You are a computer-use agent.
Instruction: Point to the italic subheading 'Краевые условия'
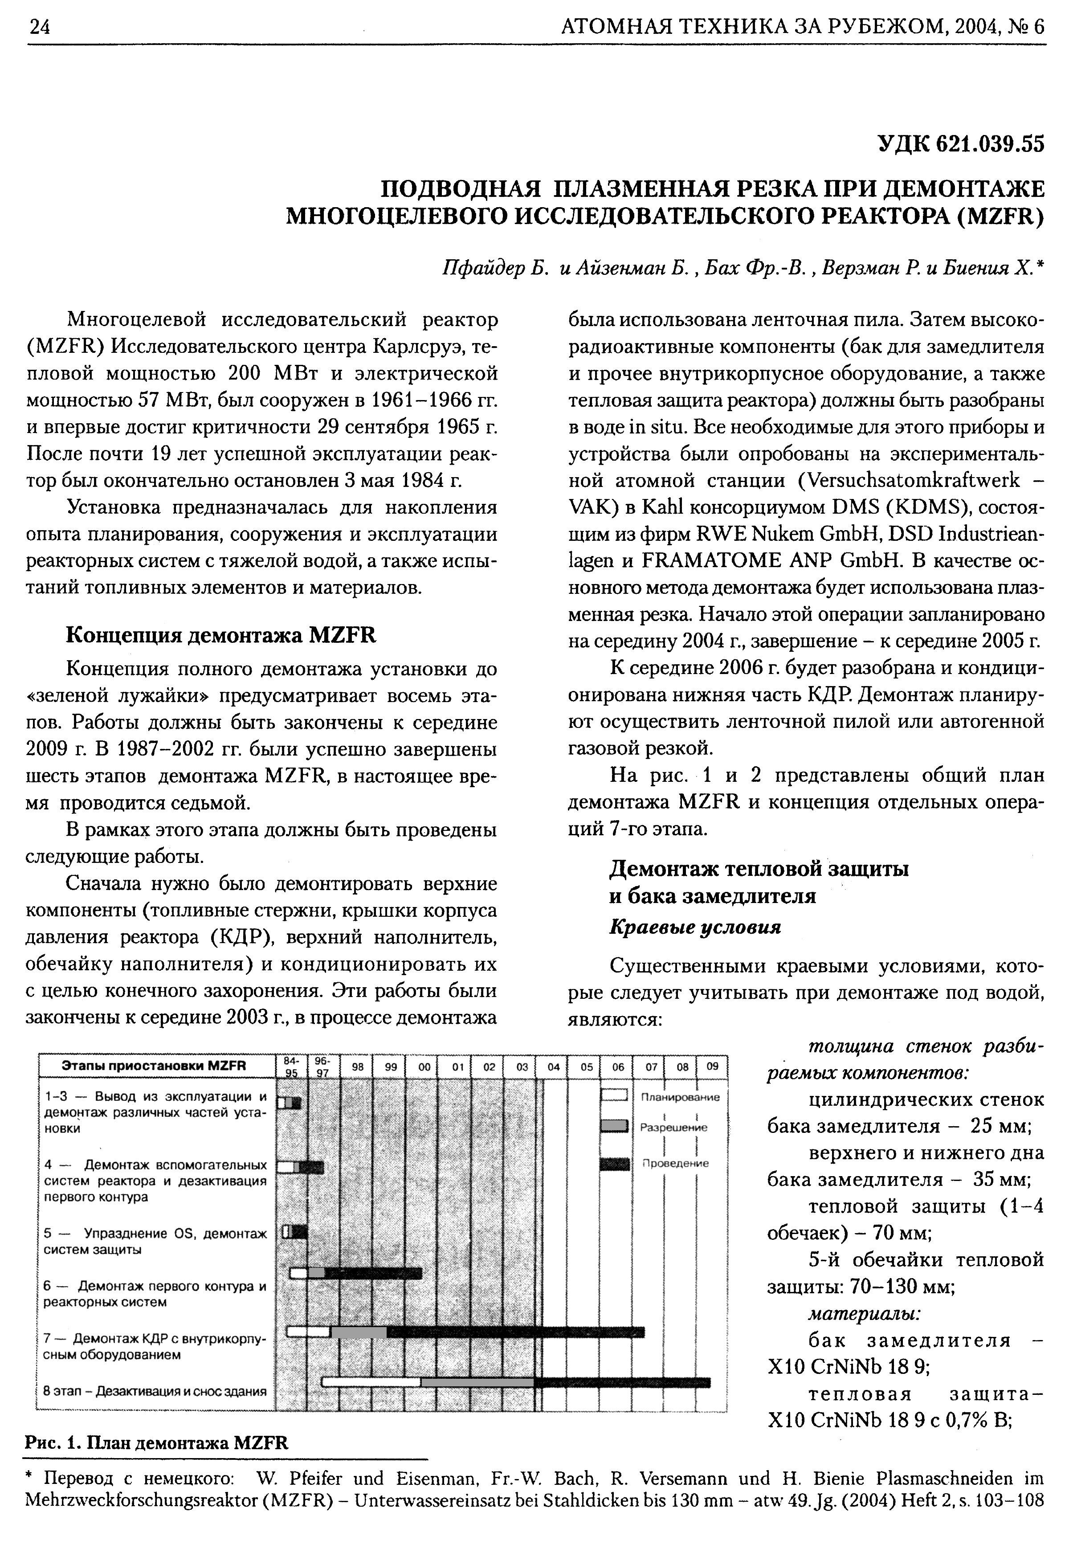(x=694, y=927)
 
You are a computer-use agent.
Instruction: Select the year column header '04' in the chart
(x=553, y=1067)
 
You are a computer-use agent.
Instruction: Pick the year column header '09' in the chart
(x=712, y=1066)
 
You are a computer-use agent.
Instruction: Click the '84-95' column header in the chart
(x=291, y=1067)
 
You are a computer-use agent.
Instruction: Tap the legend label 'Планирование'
(x=680, y=1098)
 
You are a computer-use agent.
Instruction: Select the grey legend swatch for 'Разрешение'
(x=614, y=1126)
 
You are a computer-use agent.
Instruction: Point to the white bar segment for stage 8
(x=371, y=1382)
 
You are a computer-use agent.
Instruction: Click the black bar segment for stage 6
(x=373, y=1274)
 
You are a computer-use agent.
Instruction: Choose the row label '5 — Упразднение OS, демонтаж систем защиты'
(x=155, y=1241)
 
